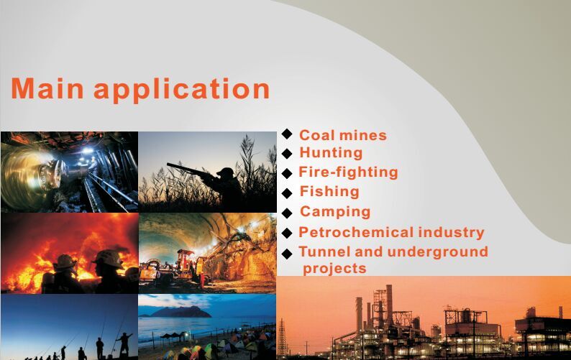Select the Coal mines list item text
pyautogui.click(x=343, y=135)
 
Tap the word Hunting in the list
pyautogui.click(x=331, y=153)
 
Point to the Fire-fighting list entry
pyautogui.click(x=348, y=172)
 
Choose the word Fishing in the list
pyautogui.click(x=329, y=192)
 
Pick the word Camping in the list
pyautogui.click(x=335, y=212)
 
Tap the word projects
pyautogui.click(x=334, y=269)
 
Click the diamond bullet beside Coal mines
pyautogui.click(x=287, y=134)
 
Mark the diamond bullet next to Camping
pyautogui.click(x=287, y=213)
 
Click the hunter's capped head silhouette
pyautogui.click(x=226, y=172)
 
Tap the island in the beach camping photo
pyautogui.click(x=181, y=312)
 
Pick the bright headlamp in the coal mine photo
pyautogui.click(x=87, y=150)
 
